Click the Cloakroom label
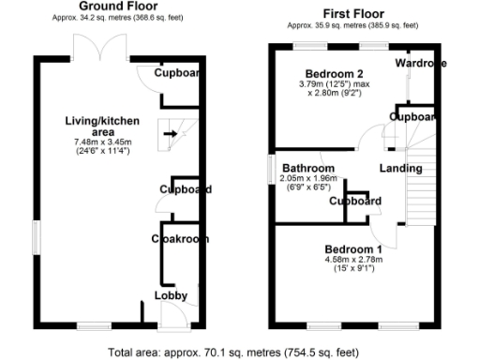(x=180, y=239)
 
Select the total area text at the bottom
(x=233, y=352)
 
